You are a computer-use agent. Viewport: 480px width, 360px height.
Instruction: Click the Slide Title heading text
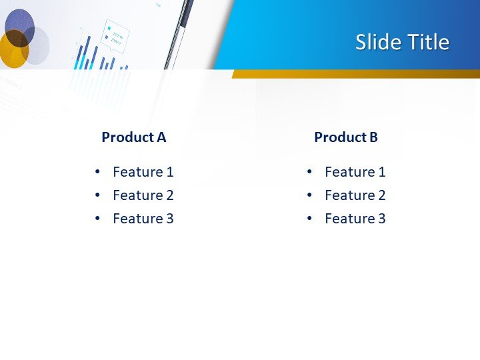point(402,42)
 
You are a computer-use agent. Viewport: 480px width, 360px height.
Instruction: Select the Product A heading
point(133,137)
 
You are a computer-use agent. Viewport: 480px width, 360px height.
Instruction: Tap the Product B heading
point(345,137)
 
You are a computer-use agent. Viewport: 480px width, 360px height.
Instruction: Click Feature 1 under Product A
point(143,172)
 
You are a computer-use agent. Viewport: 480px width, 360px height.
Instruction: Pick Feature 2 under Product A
point(143,195)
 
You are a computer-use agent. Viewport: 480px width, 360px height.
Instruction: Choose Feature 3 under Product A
point(143,219)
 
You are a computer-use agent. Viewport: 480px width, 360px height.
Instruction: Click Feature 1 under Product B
point(355,172)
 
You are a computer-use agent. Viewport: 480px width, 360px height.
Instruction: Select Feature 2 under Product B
point(355,195)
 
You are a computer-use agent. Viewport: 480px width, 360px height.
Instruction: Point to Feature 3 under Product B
point(355,219)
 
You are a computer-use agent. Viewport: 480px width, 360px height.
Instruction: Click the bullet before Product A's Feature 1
point(98,172)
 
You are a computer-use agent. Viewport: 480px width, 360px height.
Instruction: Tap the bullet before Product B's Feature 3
point(310,219)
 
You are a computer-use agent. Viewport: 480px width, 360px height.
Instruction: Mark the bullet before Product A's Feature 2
point(98,195)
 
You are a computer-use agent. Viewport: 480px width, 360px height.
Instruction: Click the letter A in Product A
point(161,137)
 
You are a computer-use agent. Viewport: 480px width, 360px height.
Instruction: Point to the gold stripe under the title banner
point(353,73)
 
